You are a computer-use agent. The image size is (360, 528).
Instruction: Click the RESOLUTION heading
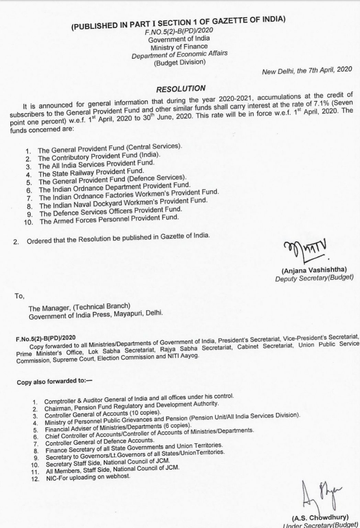tap(181, 89)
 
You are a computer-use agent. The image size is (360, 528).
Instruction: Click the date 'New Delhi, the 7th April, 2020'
tap(307, 70)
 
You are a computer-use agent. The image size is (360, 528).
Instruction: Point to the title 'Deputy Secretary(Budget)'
tap(314, 278)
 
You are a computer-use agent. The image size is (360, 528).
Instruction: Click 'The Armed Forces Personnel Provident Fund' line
tap(109, 219)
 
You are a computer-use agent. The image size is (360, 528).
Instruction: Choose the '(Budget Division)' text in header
tap(179, 62)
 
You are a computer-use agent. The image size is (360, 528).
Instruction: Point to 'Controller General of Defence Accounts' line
tap(100, 441)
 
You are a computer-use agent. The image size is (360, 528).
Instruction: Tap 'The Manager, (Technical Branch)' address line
tap(79, 307)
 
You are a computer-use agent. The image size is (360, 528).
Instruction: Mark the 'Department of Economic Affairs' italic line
tap(179, 54)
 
